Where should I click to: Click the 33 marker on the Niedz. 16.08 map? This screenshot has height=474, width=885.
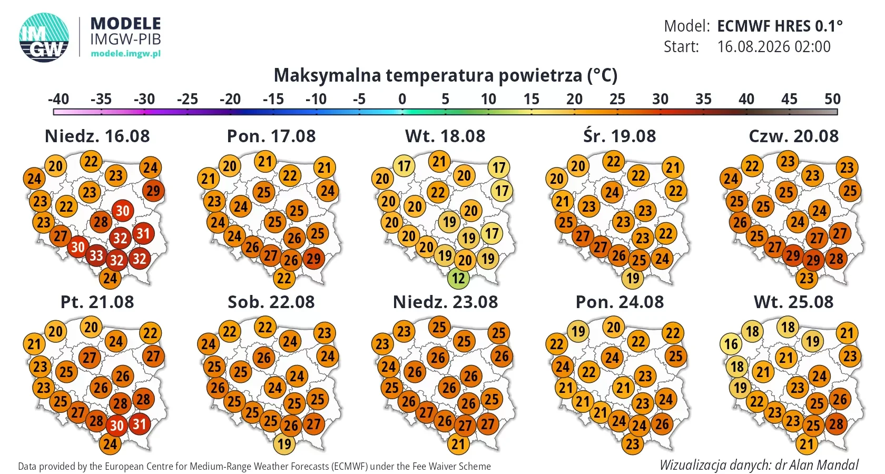tap(96, 255)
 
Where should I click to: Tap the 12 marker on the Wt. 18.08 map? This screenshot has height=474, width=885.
tap(458, 278)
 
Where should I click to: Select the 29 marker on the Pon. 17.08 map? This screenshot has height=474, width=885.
tap(314, 259)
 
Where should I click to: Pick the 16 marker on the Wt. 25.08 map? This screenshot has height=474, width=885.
tap(731, 344)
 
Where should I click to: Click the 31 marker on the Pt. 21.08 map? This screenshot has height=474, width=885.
tap(140, 424)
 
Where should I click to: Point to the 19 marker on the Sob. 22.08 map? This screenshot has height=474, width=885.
tap(284, 444)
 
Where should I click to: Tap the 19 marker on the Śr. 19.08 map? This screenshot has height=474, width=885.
tap(633, 278)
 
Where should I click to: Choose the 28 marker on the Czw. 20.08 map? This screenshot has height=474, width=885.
tap(837, 259)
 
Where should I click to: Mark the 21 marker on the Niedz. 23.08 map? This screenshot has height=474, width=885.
tap(458, 444)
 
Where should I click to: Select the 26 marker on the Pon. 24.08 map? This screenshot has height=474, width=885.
tap(662, 424)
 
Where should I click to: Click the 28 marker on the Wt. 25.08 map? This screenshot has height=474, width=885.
tap(837, 424)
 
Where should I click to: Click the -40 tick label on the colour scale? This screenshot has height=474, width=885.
tap(58, 99)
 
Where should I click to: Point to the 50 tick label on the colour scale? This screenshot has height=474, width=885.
tap(832, 99)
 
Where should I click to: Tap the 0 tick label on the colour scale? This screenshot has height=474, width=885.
tap(402, 99)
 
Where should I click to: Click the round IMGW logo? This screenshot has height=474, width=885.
tap(44, 37)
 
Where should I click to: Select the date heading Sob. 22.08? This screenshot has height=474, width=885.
tap(271, 302)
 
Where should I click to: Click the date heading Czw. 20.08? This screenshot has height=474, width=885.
tap(794, 136)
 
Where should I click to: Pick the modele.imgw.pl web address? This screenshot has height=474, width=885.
tap(125, 54)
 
